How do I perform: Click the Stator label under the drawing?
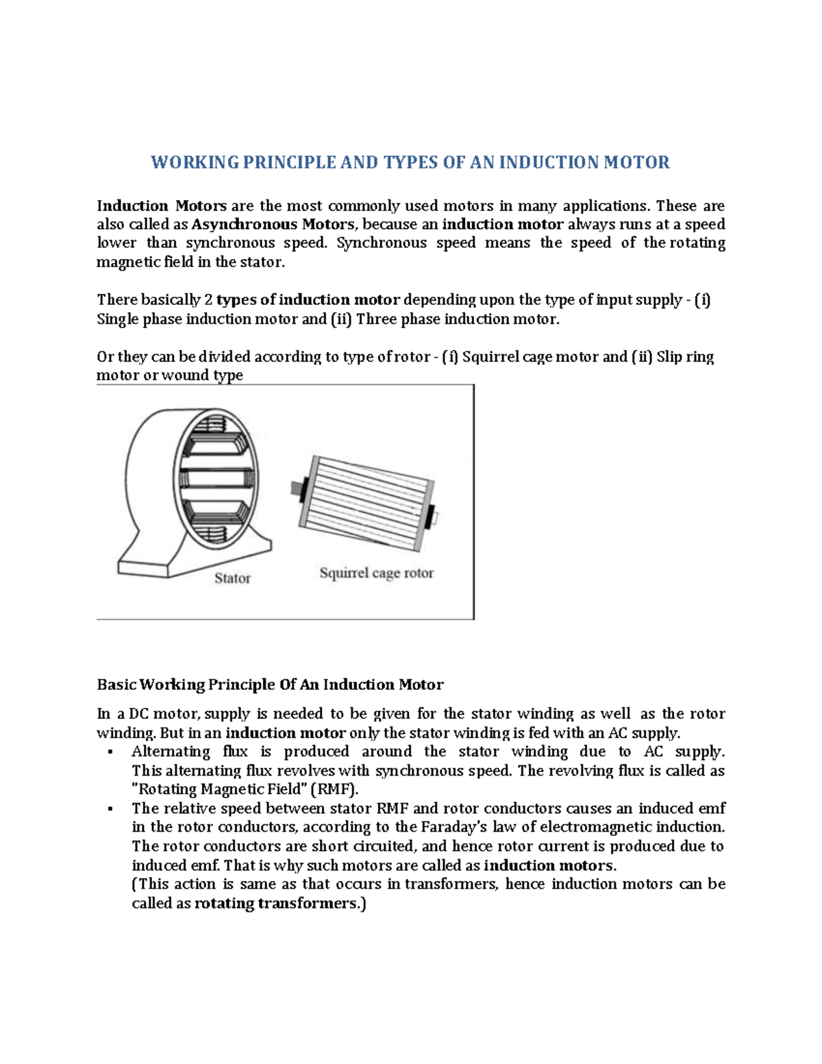[x=232, y=578]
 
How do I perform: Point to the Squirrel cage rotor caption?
[x=376, y=573]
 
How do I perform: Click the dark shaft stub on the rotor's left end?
[x=299, y=487]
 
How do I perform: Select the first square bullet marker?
[x=110, y=752]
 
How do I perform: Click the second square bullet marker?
[x=110, y=809]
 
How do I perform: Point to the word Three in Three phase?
[x=376, y=319]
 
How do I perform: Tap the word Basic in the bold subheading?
[x=116, y=684]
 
